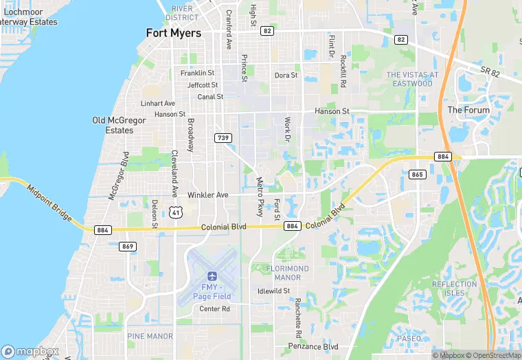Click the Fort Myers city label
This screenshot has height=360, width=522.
point(174,33)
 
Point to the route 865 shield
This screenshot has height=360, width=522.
point(418,175)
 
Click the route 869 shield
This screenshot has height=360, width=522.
point(127,247)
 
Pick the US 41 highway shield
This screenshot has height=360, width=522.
point(177,212)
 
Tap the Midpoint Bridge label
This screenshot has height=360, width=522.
point(49,200)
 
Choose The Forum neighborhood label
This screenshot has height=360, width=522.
point(468,110)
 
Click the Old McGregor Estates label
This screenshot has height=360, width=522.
point(119,125)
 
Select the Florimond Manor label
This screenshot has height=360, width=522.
point(287,273)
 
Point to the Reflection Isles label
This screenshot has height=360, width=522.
point(454,289)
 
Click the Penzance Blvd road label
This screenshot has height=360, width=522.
point(314,347)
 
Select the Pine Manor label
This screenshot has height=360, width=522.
point(150,336)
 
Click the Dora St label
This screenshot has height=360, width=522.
point(286,76)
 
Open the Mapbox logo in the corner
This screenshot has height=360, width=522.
point(30,351)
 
